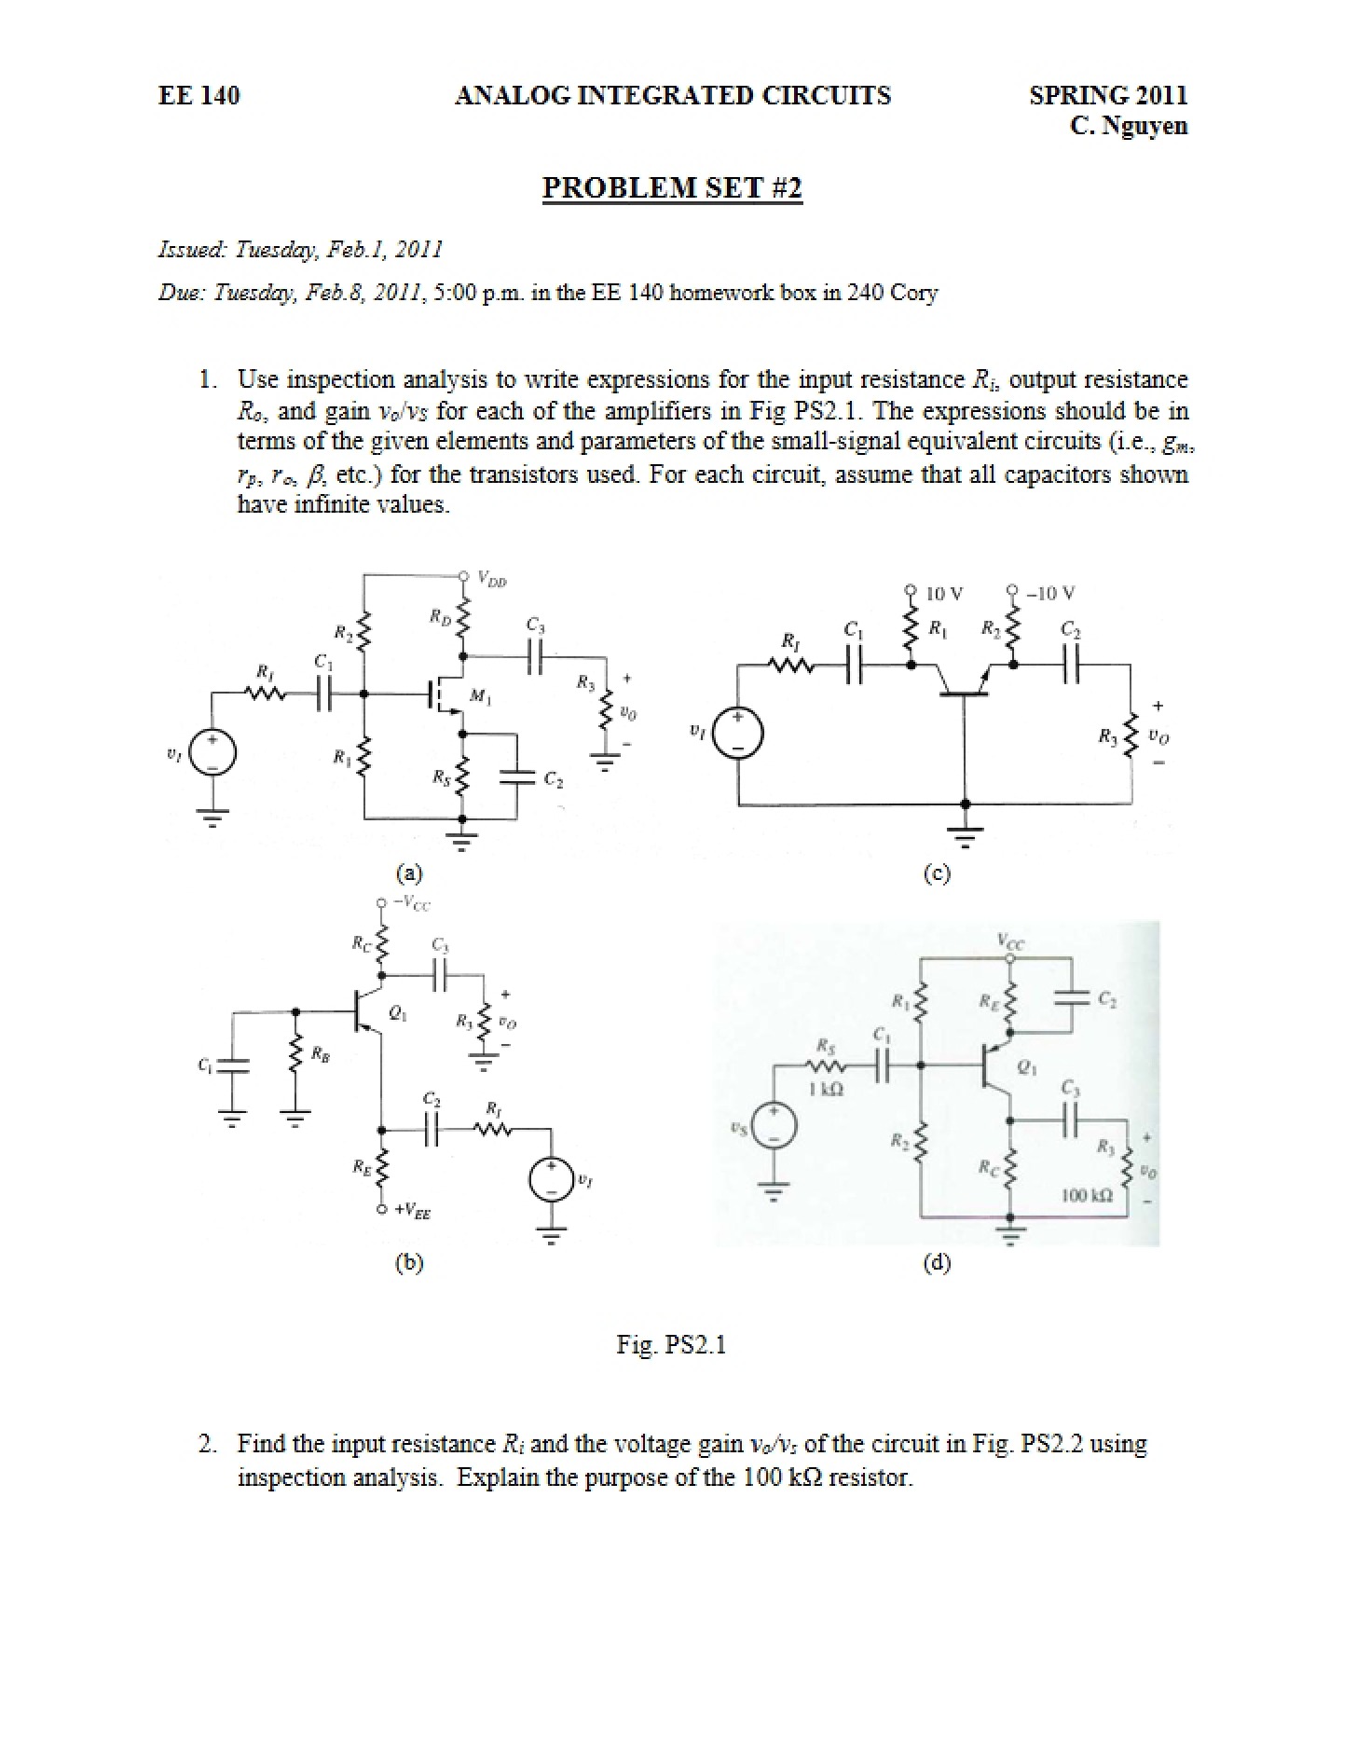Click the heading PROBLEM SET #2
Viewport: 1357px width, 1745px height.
(672, 187)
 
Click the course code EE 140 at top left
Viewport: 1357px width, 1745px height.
(199, 95)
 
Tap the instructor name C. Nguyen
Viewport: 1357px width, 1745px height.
(1129, 126)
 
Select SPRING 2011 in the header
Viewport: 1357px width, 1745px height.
(1108, 95)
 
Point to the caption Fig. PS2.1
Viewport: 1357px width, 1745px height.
(671, 1344)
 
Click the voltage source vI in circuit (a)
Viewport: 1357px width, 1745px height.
(212, 752)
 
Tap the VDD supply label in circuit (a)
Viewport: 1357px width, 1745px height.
(491, 579)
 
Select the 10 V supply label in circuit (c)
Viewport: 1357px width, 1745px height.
(945, 593)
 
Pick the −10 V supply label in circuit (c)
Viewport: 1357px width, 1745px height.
(1051, 593)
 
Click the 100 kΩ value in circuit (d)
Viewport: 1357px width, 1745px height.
(1087, 1195)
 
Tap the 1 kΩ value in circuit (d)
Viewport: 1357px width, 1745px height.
(827, 1088)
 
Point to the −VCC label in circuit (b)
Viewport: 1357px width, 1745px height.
(411, 902)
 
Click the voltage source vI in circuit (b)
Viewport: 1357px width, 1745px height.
(550, 1180)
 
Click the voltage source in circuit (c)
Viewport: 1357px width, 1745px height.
(739, 734)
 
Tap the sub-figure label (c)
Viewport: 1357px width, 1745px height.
(937, 873)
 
